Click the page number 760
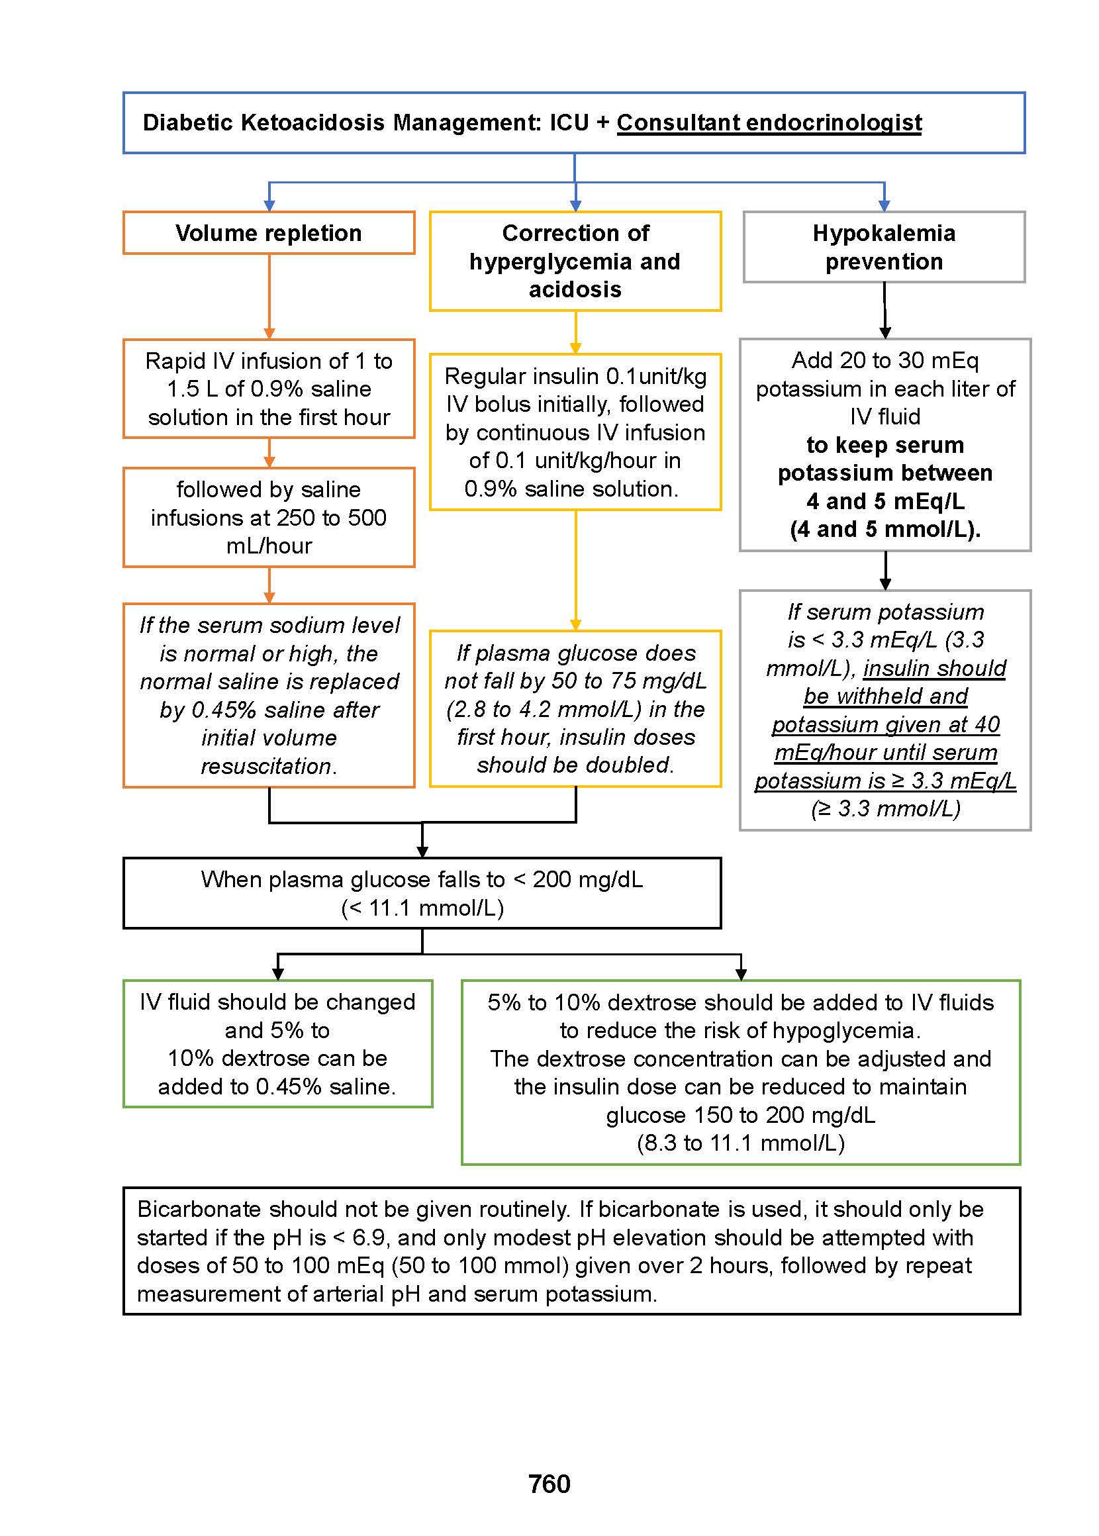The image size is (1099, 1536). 549,1483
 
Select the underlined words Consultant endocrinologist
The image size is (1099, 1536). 769,122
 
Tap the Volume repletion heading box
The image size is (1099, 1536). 269,233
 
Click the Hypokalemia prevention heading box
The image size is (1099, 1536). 884,247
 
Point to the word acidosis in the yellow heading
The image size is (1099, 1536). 575,289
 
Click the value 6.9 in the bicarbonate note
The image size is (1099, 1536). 369,1237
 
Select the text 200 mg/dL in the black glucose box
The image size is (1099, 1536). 587,880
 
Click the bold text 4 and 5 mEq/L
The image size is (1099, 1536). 885,501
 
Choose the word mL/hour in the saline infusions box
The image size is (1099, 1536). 269,546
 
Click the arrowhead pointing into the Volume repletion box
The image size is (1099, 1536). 269,206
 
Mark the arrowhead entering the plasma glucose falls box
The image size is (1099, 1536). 422,851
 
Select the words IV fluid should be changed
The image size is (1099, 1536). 277,1002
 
